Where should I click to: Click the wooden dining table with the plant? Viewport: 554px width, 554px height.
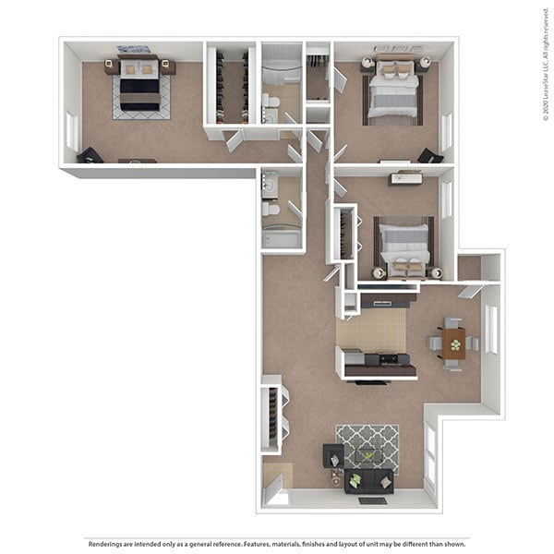coord(453,343)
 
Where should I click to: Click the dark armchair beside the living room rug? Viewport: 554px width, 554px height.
coord(332,455)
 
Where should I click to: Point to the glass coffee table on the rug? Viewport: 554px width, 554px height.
coord(368,455)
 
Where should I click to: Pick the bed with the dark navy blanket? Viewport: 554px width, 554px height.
coord(140,90)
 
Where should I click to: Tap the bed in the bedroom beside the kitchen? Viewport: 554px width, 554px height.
coord(405,247)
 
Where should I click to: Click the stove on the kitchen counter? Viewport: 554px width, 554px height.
coord(389,358)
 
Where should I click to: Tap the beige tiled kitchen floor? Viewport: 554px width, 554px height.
coord(369,331)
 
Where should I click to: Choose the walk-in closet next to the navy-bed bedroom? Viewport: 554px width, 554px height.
coord(231,85)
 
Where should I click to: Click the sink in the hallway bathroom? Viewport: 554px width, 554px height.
coord(271,185)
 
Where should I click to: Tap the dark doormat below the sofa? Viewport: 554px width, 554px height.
coord(371,500)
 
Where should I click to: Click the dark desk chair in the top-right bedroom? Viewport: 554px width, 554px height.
coord(428,155)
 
